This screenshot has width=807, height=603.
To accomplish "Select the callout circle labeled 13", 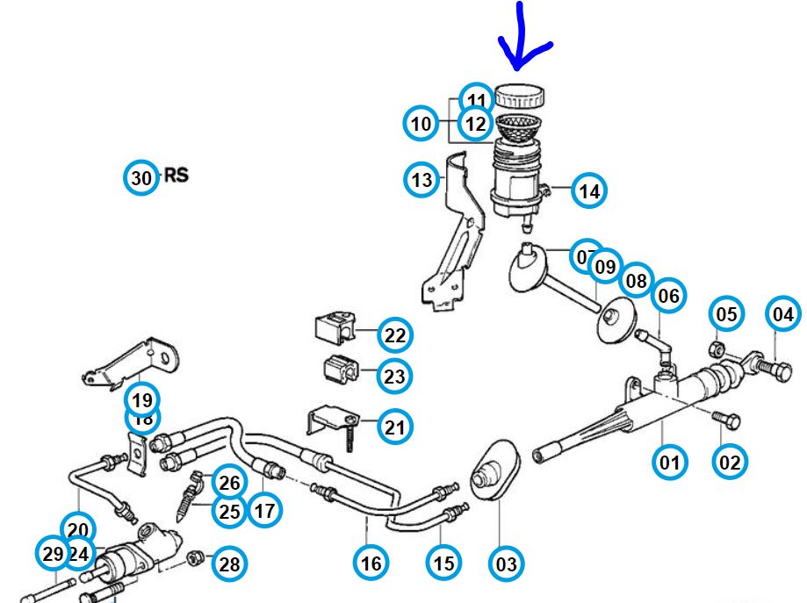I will tap(422, 180).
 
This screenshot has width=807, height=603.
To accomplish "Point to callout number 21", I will tap(395, 427).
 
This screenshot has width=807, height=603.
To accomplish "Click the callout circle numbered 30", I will tap(141, 177).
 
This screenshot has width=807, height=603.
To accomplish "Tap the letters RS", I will tap(177, 176).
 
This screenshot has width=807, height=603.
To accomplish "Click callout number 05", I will tap(725, 313).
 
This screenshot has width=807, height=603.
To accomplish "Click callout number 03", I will tap(507, 563).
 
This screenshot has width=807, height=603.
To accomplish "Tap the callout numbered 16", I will tap(371, 563).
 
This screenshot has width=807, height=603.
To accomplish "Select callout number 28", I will tap(228, 564).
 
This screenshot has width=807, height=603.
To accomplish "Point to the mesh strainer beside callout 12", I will tap(520, 125).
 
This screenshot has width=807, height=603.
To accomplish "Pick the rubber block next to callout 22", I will tap(334, 328).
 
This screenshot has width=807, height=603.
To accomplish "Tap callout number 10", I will tap(422, 123).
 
